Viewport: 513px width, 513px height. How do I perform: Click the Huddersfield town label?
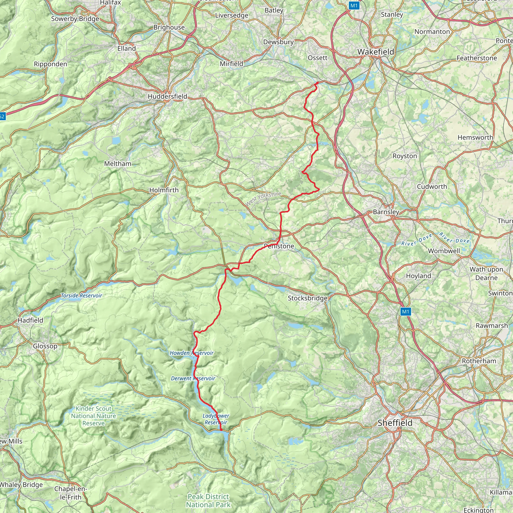167,96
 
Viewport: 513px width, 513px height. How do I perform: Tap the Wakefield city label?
375,52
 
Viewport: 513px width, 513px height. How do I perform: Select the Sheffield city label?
395,423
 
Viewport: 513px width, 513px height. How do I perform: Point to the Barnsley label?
386,212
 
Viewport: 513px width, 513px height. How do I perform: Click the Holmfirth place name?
164,190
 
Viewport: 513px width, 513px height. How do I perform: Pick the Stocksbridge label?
308,298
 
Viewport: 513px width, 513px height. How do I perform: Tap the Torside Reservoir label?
81,296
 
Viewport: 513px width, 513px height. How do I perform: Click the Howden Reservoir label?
191,353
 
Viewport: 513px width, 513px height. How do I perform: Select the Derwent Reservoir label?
193,378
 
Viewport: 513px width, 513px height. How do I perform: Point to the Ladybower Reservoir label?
216,419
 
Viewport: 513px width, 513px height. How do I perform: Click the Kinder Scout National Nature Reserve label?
93,416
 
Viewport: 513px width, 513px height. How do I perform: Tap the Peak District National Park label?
208,500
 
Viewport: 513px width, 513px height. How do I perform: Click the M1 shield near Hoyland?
406,312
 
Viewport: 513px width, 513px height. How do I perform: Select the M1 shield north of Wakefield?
354,6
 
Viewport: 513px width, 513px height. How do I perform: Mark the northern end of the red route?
317,83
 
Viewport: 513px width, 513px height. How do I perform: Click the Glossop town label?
45,346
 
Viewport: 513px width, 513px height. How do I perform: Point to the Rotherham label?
479,361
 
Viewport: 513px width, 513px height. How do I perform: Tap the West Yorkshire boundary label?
263,199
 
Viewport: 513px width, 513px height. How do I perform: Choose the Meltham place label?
118,164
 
